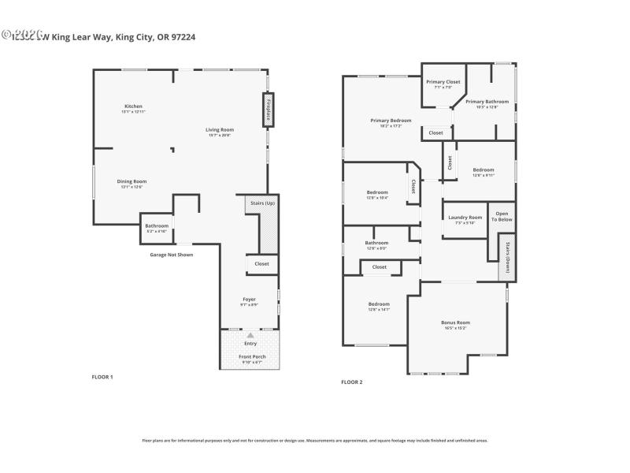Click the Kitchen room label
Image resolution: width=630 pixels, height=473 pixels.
click(x=133, y=106)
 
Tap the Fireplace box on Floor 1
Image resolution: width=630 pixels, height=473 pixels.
click(x=269, y=110)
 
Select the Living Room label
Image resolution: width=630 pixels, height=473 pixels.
click(x=220, y=129)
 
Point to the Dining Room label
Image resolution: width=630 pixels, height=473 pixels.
click(x=132, y=181)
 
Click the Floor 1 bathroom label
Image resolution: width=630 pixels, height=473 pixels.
click(x=156, y=226)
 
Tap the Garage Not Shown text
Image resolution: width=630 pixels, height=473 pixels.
click(x=171, y=255)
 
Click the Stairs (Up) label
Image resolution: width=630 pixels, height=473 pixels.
click(x=262, y=203)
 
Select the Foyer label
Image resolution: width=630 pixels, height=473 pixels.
click(x=249, y=300)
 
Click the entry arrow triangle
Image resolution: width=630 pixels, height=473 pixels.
click(x=250, y=335)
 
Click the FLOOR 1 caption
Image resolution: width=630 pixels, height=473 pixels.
click(x=102, y=377)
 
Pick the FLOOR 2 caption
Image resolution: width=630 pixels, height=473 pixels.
click(x=351, y=382)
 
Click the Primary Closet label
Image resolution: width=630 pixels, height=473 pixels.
click(x=443, y=82)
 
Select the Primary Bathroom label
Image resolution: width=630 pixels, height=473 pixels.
click(x=487, y=102)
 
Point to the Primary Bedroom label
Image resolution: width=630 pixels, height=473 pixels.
click(x=391, y=121)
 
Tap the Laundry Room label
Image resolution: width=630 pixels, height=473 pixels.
click(x=465, y=218)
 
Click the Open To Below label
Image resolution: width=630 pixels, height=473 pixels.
click(x=502, y=216)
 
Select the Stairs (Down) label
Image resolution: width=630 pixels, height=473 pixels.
click(x=508, y=257)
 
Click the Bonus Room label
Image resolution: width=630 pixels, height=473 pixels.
click(x=455, y=322)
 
